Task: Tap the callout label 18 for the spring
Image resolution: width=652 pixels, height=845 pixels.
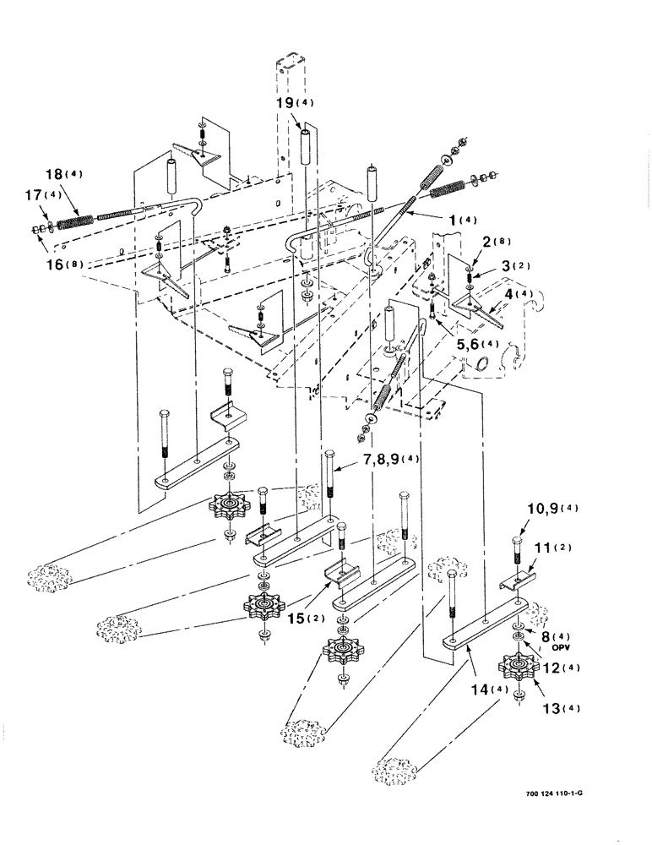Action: pyautogui.click(x=54, y=175)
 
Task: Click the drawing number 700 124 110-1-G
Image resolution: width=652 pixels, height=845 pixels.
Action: pyautogui.click(x=549, y=795)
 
